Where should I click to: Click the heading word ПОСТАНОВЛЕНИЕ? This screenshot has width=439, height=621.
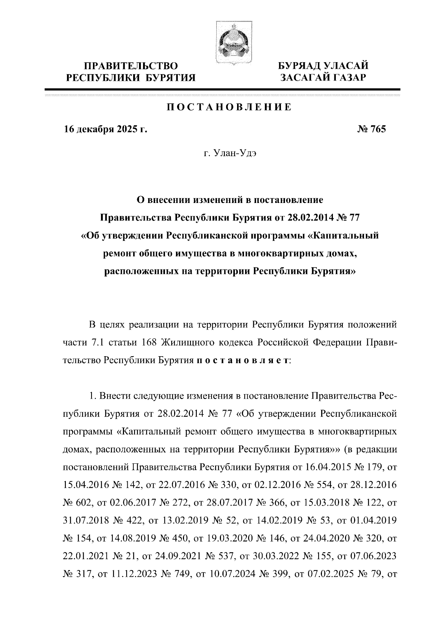click(229, 107)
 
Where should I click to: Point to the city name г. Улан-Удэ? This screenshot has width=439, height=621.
click(230, 154)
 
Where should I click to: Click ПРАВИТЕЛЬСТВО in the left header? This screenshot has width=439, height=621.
click(131, 66)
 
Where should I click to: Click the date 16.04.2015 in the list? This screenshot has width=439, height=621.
click(324, 467)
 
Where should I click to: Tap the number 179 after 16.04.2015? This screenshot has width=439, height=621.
click(373, 467)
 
